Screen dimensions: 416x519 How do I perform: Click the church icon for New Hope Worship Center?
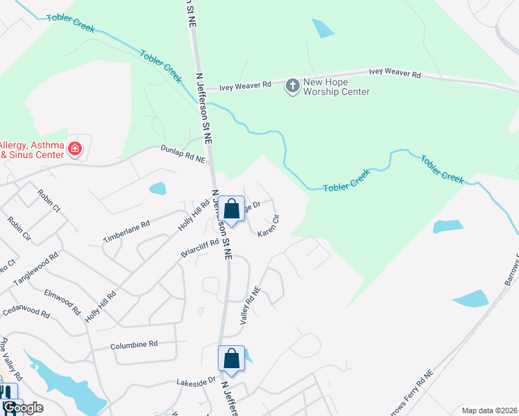click(292, 85)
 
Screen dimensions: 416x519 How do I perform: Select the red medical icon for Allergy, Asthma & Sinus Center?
click(74, 148)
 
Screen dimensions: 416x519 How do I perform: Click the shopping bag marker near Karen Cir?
click(232, 208)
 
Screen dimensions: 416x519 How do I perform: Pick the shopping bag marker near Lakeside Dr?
click(232, 358)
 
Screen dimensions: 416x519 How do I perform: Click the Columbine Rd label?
click(134, 345)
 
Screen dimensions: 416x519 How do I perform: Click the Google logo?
click(23, 408)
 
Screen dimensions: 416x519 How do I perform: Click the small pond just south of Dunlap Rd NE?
click(158, 188)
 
